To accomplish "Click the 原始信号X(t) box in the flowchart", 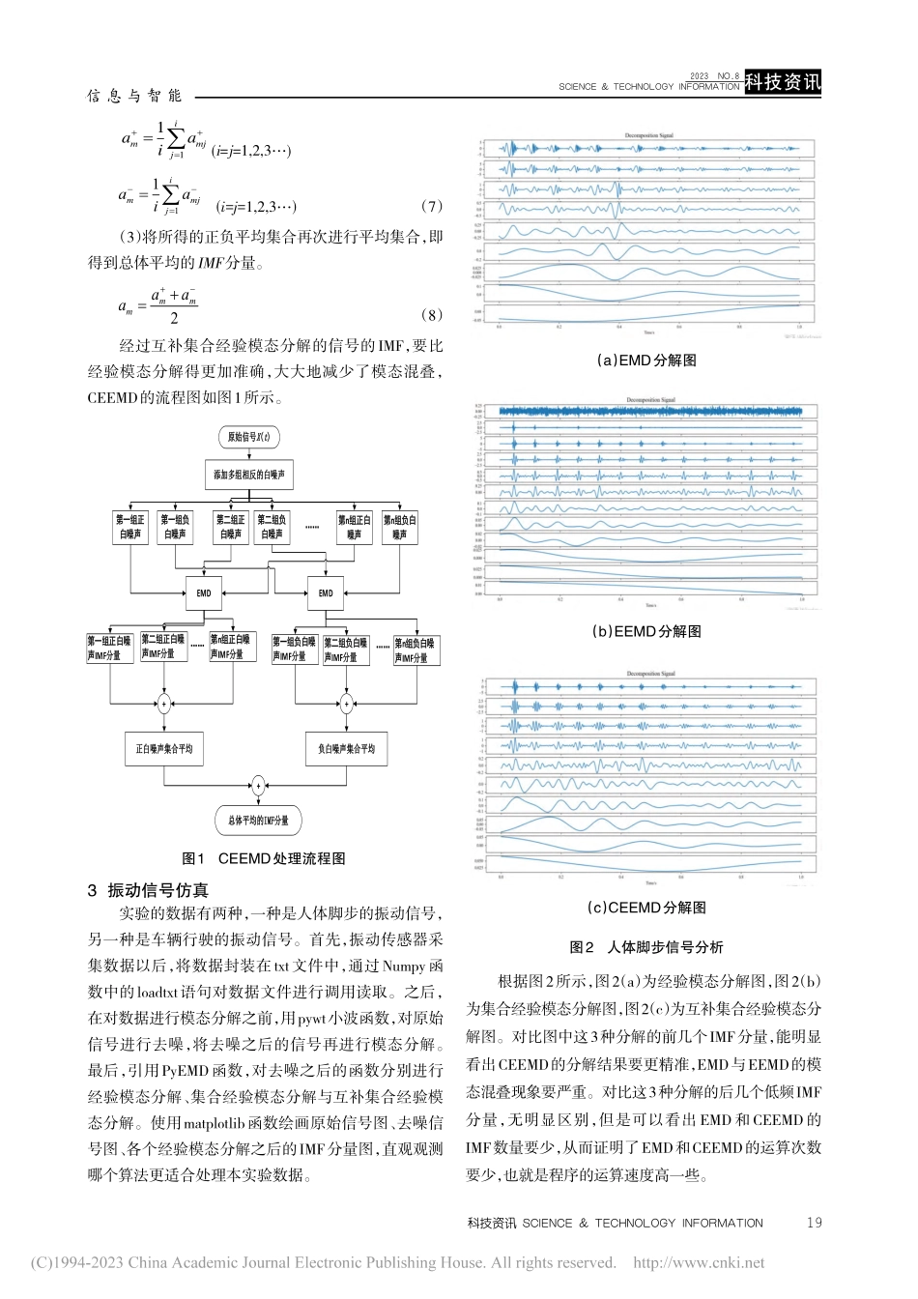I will [x=248, y=437].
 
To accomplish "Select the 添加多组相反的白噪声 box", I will [x=249, y=475].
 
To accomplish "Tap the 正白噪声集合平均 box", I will [x=164, y=748].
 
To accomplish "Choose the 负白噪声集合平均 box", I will [x=346, y=748].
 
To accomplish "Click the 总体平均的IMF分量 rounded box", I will [x=258, y=821].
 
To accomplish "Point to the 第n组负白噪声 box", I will [x=400, y=527].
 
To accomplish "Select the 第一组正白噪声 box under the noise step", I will [x=129, y=527].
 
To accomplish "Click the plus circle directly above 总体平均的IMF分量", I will [x=258, y=785].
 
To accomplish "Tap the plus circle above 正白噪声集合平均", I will [x=164, y=704].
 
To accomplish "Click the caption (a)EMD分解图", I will [x=646, y=360].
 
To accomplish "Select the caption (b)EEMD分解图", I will [x=646, y=631].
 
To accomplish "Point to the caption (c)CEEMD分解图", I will [x=646, y=907].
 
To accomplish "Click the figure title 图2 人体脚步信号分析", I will [x=646, y=947].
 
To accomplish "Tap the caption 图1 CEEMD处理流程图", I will [x=264, y=858].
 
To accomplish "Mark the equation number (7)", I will [x=432, y=206].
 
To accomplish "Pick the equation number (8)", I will [x=432, y=315].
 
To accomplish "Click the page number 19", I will [x=814, y=1223].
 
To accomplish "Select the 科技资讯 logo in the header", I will [x=783, y=83].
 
